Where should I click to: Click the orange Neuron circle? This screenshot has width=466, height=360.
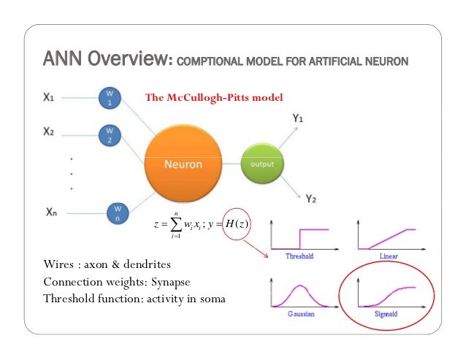click(183, 164)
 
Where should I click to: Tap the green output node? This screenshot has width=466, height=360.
click(261, 164)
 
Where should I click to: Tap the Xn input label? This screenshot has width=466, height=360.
click(51, 212)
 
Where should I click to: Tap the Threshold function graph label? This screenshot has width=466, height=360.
click(299, 256)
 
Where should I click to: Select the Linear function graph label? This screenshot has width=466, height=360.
click(389, 256)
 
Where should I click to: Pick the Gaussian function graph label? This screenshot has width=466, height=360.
click(299, 312)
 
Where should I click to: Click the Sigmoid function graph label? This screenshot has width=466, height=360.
click(386, 312)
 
